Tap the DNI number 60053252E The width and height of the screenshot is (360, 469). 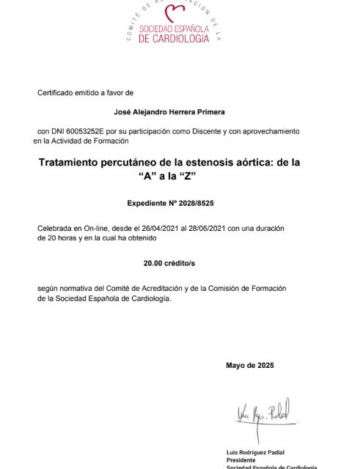(91, 130)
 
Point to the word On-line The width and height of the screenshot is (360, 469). (92, 228)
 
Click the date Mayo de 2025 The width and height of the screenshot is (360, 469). (249, 365)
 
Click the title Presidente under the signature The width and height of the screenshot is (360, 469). (242, 459)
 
